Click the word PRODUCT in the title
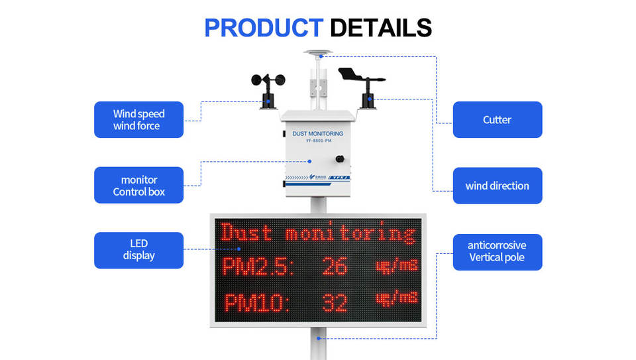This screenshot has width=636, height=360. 263,27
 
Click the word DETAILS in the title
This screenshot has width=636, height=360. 380,27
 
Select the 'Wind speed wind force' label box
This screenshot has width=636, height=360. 138,119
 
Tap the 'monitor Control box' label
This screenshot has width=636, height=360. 138,186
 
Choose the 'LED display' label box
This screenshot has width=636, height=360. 138,250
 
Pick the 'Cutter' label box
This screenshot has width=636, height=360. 497,120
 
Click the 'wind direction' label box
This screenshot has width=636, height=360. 497,186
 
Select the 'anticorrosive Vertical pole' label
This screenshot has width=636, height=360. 497,251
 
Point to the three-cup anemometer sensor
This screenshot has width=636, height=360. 268,84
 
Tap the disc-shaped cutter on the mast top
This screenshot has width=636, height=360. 317,53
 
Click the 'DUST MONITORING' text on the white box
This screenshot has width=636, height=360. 318,133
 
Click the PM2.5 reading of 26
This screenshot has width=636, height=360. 334,267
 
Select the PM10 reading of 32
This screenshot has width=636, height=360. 334,302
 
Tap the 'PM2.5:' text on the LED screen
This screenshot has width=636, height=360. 258,267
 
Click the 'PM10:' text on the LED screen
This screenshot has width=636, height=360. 257,303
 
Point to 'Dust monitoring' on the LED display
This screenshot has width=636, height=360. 318,233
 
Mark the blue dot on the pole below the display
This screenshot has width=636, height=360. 318,338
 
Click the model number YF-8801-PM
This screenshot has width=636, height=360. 318,141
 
